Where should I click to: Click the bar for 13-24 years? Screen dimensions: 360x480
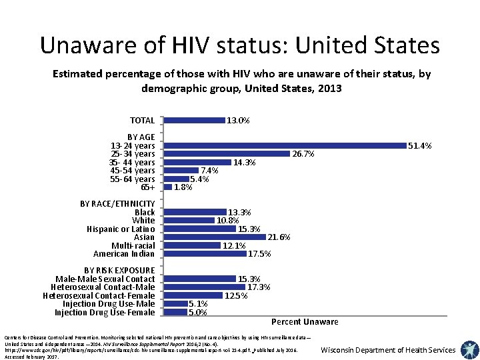point(285,145)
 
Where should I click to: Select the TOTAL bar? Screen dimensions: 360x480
point(195,121)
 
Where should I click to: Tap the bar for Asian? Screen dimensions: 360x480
point(215,237)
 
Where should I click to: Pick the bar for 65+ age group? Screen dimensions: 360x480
point(168,187)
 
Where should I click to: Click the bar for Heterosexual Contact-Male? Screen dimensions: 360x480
point(205,287)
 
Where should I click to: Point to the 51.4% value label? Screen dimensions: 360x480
point(420,145)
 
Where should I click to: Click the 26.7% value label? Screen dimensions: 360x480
point(303,154)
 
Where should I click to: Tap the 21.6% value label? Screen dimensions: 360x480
point(279,237)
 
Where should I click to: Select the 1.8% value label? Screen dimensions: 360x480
point(183,187)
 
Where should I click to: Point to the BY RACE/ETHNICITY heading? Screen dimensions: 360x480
point(117,203)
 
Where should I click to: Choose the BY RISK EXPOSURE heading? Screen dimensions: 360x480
point(119,270)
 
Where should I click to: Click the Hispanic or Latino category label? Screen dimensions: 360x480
point(121,229)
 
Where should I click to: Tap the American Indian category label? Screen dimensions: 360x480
point(124,254)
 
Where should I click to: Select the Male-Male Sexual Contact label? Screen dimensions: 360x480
point(105,279)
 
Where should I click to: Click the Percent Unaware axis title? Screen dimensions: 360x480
point(305,322)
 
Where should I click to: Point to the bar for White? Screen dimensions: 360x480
point(190,220)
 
